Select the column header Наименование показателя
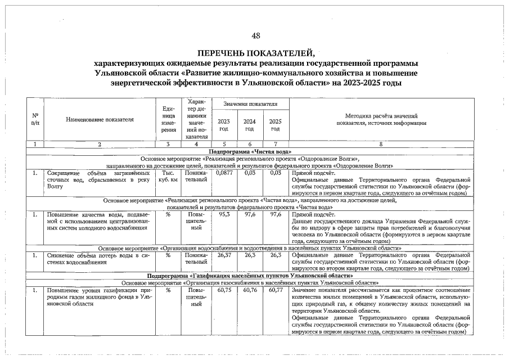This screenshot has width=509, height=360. (100, 119)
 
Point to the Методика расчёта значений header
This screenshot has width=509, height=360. (381, 119)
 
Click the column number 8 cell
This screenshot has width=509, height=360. (381, 145)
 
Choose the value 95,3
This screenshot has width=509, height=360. (224, 214)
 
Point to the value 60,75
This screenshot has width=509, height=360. (224, 290)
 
